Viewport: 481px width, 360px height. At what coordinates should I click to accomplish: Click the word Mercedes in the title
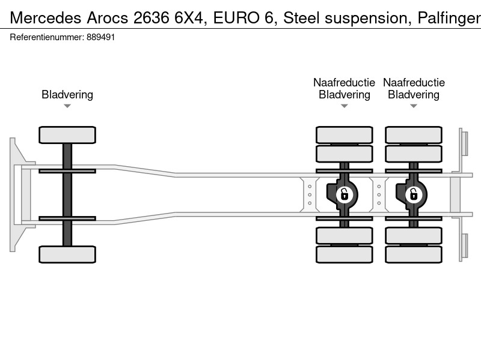click(x=46, y=18)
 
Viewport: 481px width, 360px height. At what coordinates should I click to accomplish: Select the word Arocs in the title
click(x=108, y=18)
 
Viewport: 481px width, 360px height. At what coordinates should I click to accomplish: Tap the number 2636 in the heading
click(x=151, y=18)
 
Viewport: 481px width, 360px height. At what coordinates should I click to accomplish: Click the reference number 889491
click(x=100, y=37)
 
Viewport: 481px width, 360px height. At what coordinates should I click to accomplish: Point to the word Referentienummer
click(x=47, y=37)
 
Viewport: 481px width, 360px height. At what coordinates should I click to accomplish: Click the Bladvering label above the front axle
click(x=67, y=95)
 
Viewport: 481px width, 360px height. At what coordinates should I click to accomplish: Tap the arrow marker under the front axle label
click(x=67, y=106)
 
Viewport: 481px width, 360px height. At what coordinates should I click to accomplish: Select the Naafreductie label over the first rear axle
click(x=344, y=82)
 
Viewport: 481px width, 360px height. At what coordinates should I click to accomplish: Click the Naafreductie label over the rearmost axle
click(x=414, y=82)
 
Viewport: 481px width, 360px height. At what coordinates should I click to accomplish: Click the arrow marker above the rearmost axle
click(x=414, y=106)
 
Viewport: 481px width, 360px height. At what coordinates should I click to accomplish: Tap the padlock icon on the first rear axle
click(x=344, y=194)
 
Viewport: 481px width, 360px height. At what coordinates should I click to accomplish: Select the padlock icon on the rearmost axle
click(x=414, y=194)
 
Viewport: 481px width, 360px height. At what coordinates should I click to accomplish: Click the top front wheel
click(x=67, y=135)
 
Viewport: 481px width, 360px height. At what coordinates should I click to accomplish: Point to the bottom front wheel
click(x=67, y=254)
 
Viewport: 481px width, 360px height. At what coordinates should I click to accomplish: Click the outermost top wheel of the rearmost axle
click(x=414, y=135)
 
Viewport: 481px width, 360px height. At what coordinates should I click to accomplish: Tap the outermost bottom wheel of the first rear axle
click(x=344, y=254)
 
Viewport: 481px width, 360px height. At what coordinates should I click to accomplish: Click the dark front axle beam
click(x=67, y=194)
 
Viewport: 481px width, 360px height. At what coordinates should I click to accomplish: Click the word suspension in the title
click(x=368, y=19)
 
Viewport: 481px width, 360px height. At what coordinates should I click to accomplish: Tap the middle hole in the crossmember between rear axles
click(x=379, y=194)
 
